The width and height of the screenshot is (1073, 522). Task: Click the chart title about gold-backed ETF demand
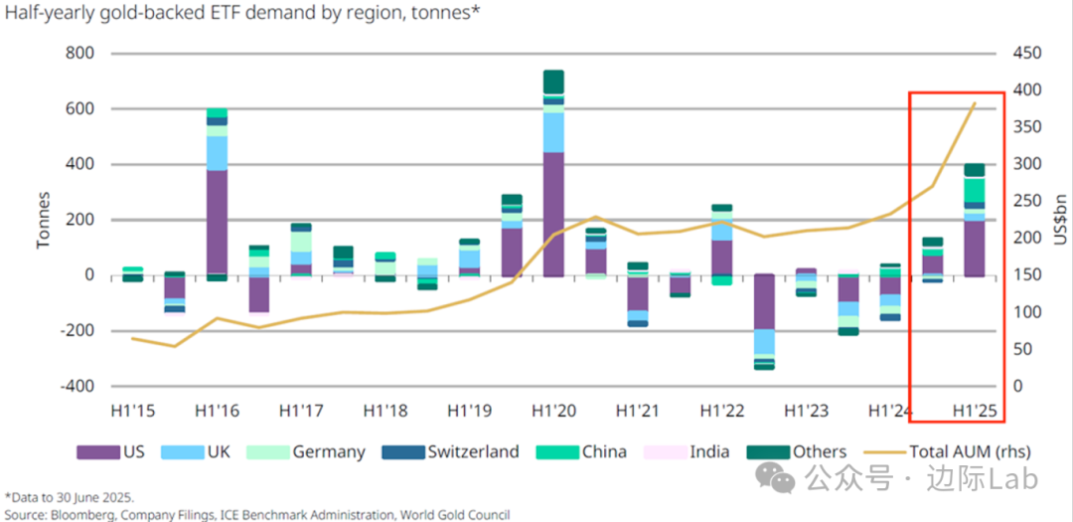click(x=243, y=14)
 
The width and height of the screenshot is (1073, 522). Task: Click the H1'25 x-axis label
click(x=975, y=410)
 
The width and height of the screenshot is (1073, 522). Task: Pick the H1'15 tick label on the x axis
click(x=132, y=410)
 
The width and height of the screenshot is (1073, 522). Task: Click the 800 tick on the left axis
click(x=78, y=53)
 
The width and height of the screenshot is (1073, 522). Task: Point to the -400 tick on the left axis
click(x=75, y=386)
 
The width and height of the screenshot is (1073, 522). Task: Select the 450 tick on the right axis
click(x=1030, y=53)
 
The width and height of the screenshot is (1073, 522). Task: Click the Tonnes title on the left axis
click(x=45, y=219)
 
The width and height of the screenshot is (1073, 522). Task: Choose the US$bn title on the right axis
click(x=1058, y=219)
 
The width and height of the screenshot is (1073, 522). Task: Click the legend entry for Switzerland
click(x=473, y=451)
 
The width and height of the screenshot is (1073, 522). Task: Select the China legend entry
click(x=604, y=451)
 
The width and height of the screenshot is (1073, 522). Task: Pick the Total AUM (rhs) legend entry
click(x=965, y=451)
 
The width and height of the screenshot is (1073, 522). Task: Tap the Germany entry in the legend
click(x=329, y=451)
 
